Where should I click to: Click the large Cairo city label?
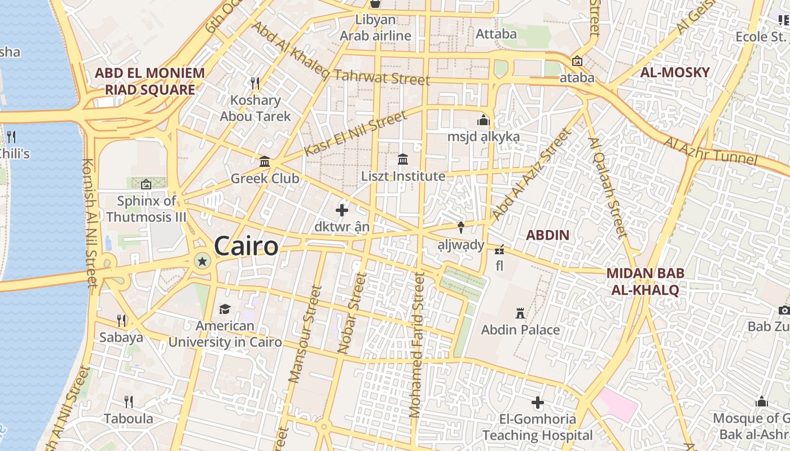pos(246,246)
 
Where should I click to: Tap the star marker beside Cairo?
pos(202,260)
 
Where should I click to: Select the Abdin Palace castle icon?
pos(520,313)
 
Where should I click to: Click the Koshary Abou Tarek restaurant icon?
pos(255,83)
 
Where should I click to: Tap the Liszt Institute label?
pos(403,176)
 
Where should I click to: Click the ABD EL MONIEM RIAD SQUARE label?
pos(150,81)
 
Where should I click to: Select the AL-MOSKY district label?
pos(675,72)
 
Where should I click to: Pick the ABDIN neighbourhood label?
pos(547,235)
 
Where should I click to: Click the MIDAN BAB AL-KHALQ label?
pos(646,281)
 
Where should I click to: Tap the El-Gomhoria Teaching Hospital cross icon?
pos(538,403)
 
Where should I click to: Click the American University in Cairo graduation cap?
pos(225,309)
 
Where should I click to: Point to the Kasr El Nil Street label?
pos(355,134)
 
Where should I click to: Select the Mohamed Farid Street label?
pos(418,345)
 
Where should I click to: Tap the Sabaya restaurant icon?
pos(121,321)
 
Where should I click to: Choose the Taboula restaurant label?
pos(129,418)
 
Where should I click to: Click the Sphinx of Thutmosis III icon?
pos(146,184)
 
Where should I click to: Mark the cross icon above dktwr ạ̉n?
pos(342,210)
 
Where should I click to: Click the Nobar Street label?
pos(353,313)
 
